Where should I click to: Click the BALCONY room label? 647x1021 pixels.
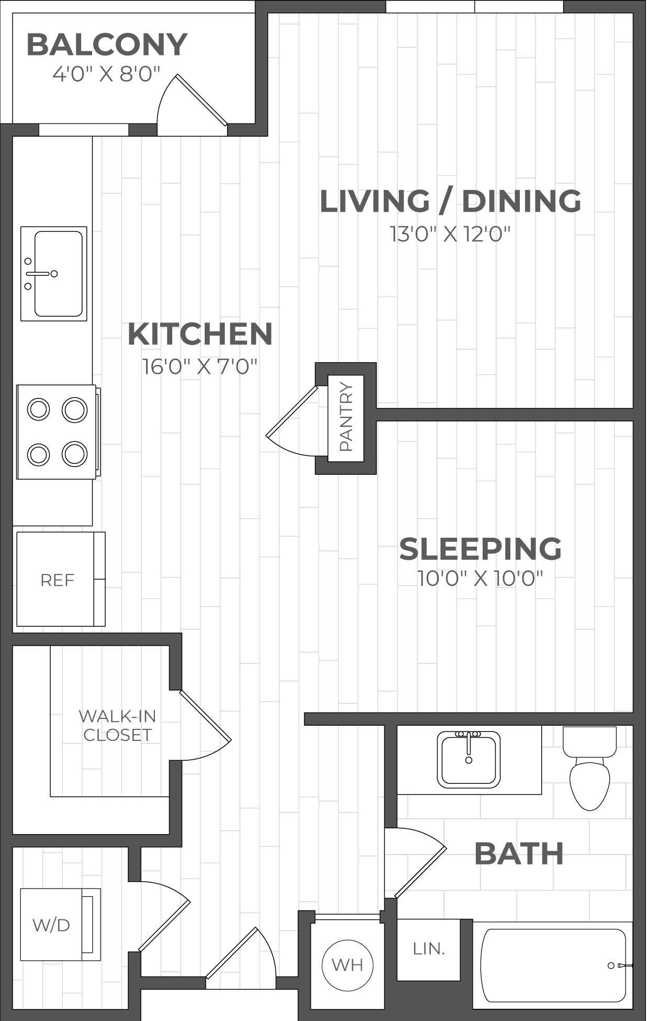coord(107,45)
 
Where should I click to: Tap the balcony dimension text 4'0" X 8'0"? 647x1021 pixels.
coord(106,74)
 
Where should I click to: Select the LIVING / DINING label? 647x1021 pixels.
coord(450,201)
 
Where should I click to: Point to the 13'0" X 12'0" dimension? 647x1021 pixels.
coord(450,234)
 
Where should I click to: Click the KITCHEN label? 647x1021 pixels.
coord(200,334)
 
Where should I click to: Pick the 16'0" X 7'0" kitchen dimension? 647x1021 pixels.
coord(200,367)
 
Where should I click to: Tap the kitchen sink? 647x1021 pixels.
coord(54,274)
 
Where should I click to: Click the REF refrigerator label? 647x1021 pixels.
coord(58,580)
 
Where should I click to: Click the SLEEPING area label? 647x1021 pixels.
coord(481,549)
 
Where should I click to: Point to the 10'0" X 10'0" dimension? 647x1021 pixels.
coord(481,579)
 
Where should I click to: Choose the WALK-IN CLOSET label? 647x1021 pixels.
coord(118,725)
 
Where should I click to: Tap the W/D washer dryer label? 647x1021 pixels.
coord(51,925)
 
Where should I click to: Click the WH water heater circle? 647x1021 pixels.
coord(348,964)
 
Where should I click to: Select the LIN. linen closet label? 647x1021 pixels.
coord(429,949)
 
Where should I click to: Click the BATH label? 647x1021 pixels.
coord(519,854)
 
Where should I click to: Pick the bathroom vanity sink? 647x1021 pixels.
coord(469,760)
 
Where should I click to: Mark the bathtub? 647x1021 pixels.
coord(553,965)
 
